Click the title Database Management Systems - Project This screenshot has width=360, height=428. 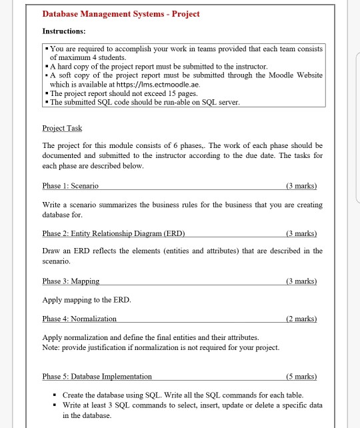(x=121, y=14)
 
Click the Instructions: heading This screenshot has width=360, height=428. (x=64, y=31)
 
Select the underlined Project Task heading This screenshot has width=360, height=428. (x=62, y=128)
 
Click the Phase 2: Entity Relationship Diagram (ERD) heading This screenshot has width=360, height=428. (x=113, y=233)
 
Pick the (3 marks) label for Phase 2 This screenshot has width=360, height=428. (x=301, y=233)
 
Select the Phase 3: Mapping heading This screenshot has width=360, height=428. (x=71, y=282)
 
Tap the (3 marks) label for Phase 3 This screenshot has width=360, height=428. (x=301, y=282)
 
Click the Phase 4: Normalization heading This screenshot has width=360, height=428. (x=79, y=319)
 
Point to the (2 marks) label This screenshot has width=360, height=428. (x=301, y=319)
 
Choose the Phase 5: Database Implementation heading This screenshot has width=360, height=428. (x=97, y=377)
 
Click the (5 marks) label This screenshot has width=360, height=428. (x=301, y=377)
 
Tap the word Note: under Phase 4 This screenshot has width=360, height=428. (x=51, y=349)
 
